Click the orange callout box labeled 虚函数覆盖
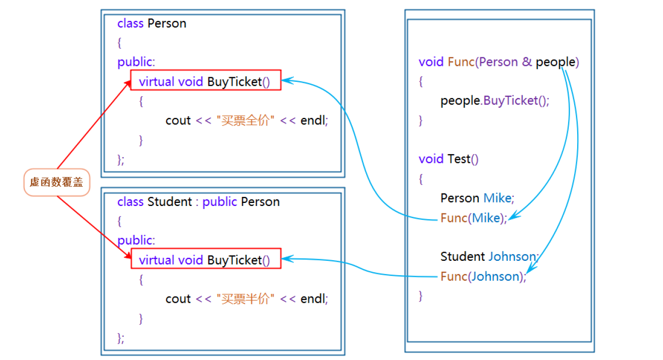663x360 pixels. click(x=57, y=182)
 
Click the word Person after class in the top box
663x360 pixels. click(x=167, y=23)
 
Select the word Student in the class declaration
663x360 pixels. click(x=170, y=202)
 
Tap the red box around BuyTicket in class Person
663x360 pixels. click(x=206, y=70)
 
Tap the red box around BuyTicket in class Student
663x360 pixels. click(x=206, y=249)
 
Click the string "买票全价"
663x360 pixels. click(x=245, y=120)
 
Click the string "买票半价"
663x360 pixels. click(x=245, y=299)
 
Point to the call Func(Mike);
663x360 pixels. click(x=474, y=218)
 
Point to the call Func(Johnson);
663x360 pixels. click(x=483, y=277)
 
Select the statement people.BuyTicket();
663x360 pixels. click(x=494, y=101)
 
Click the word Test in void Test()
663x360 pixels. click(x=459, y=159)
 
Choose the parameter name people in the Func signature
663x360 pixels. click(x=556, y=62)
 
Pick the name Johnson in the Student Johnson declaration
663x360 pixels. click(x=512, y=256)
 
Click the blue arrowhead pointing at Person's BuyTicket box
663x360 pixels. click(x=287, y=80)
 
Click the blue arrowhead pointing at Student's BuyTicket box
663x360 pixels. click(x=287, y=259)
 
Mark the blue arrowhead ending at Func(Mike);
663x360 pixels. click(x=514, y=215)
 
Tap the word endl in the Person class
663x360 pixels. click(x=313, y=120)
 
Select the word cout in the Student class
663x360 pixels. click(x=178, y=299)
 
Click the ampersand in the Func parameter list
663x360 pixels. click(x=527, y=62)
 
